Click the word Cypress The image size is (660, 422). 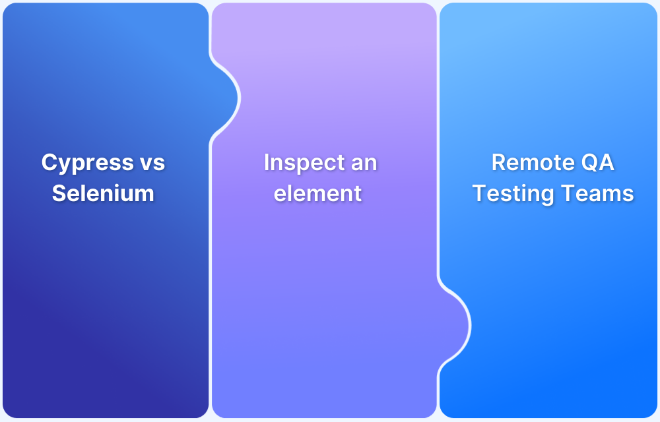88,164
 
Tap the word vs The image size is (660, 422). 152,163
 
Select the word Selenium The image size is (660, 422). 103,193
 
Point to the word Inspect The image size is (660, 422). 304,164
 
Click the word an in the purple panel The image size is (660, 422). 364,164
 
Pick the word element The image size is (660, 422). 318,193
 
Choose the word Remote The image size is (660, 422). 533,162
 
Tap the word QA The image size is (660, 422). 598,162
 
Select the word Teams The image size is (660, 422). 598,193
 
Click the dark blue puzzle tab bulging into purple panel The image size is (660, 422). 225,98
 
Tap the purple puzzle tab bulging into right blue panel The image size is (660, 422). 454,326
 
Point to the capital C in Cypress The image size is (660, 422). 49,162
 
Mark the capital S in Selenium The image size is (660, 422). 59,193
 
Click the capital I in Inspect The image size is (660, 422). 267,162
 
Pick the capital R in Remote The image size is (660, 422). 499,162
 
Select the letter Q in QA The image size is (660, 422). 589,163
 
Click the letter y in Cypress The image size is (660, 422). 65,166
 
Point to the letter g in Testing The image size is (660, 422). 548,196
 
